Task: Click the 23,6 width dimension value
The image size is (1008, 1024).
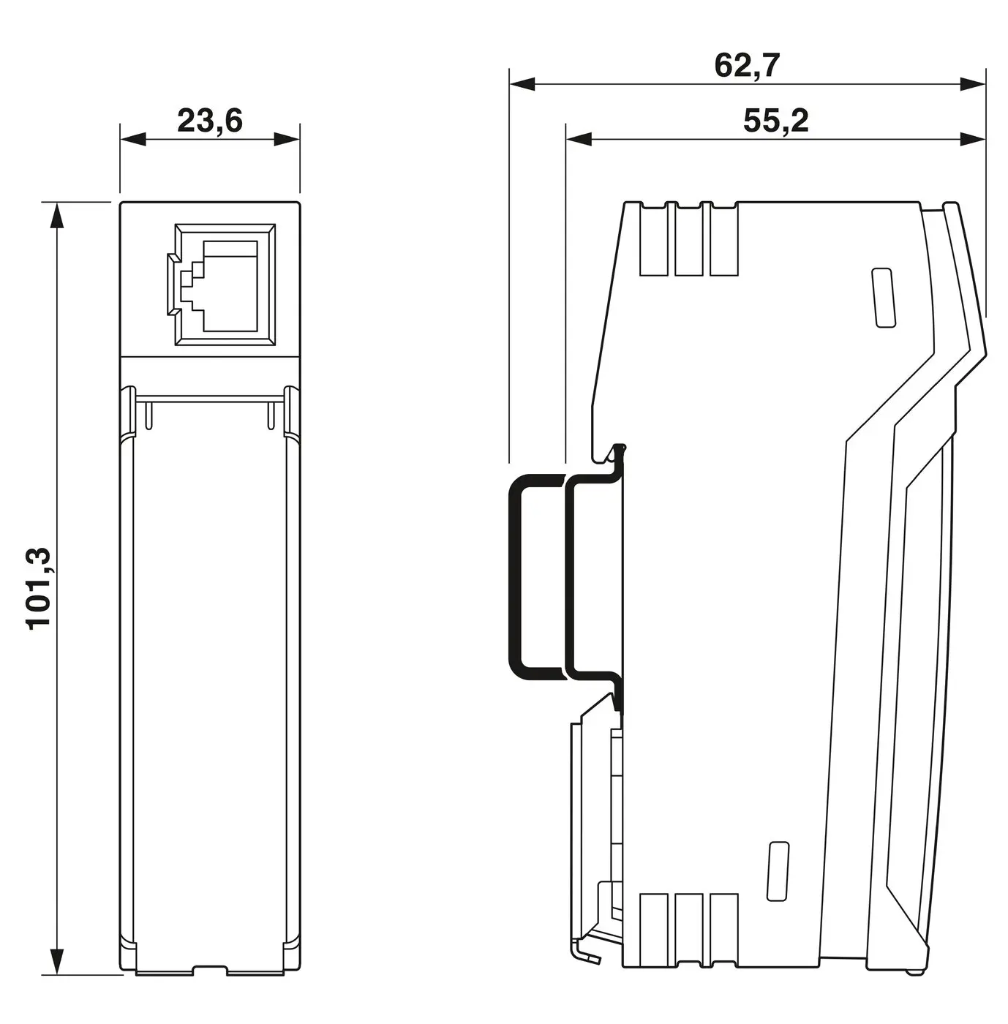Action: click(209, 121)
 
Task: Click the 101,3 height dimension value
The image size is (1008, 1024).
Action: click(40, 587)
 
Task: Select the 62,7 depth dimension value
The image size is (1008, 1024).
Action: click(747, 66)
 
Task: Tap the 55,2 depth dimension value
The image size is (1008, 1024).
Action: click(775, 121)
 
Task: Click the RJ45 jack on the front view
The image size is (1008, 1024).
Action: click(225, 285)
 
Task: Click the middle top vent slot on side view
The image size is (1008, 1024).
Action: click(688, 241)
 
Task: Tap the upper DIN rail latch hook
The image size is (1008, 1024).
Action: click(616, 453)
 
